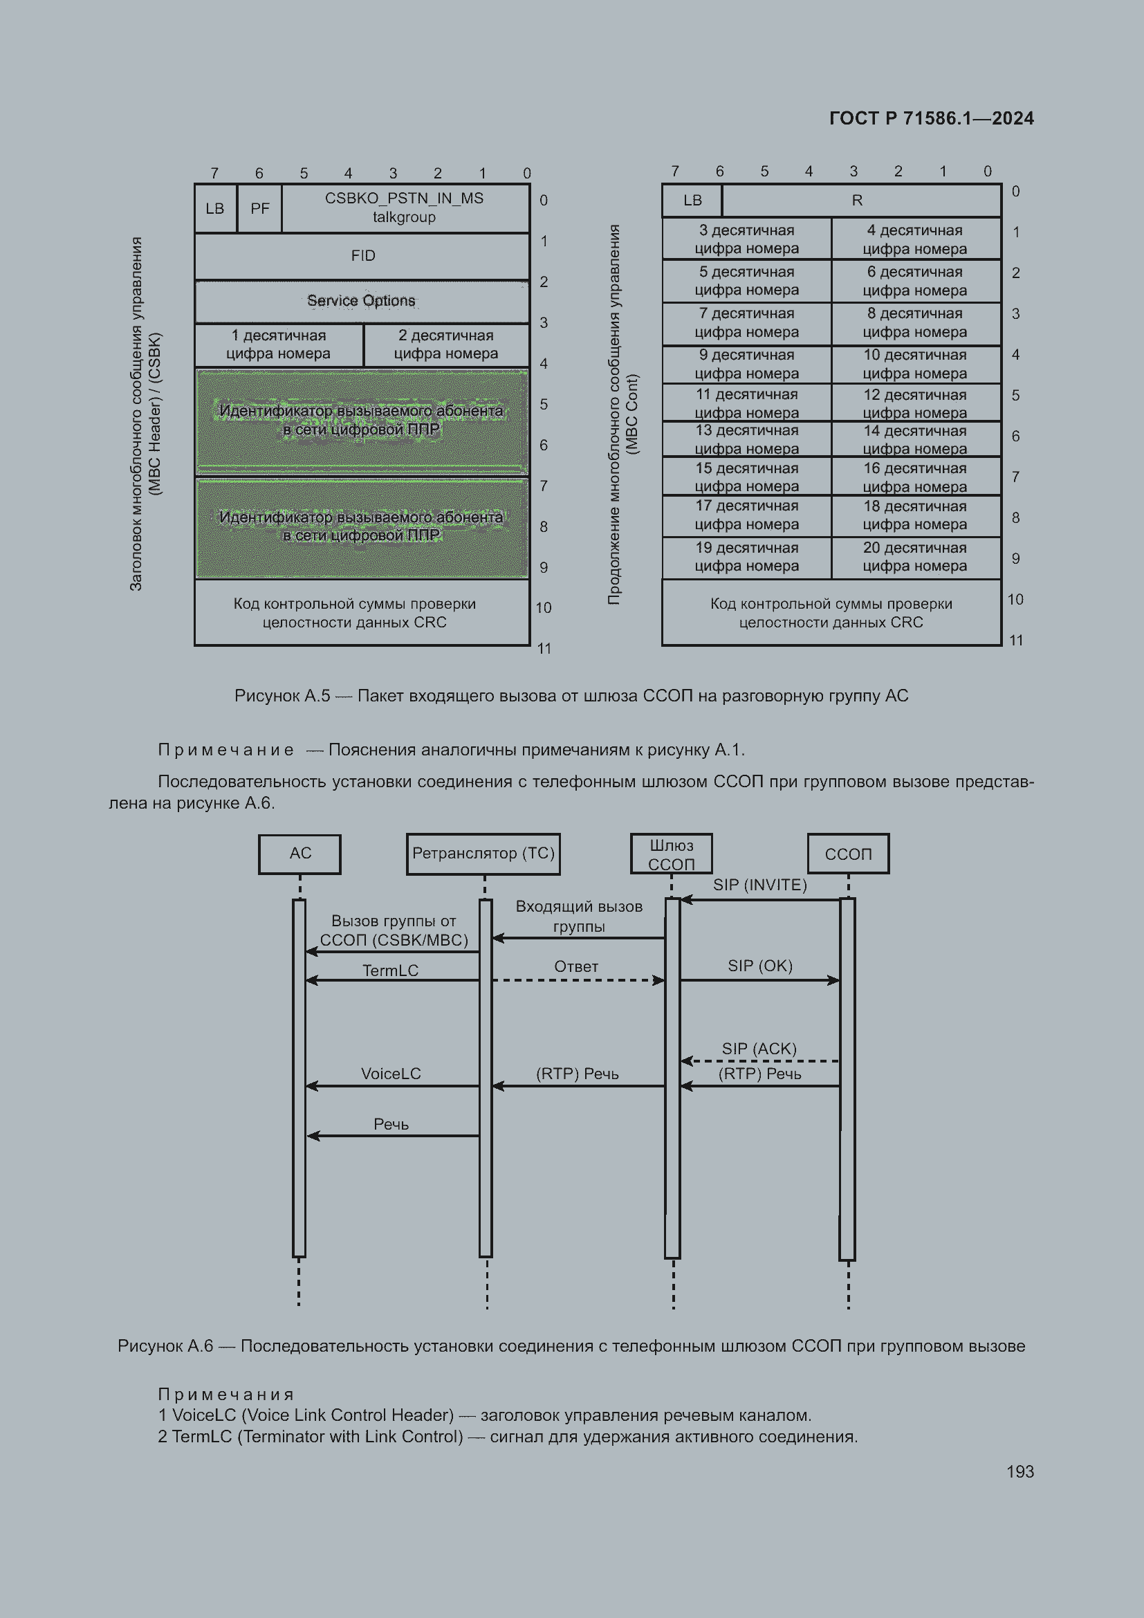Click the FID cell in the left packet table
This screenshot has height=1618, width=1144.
pyautogui.click(x=362, y=256)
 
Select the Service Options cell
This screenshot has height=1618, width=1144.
pyautogui.click(x=362, y=301)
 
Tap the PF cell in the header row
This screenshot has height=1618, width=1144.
pyautogui.click(x=260, y=209)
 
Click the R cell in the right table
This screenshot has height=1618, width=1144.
pyautogui.click(x=862, y=201)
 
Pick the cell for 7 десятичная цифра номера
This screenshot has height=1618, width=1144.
pyautogui.click(x=747, y=323)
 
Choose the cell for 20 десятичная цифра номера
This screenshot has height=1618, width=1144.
pyautogui.click(x=916, y=558)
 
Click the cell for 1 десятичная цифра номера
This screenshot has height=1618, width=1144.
pyautogui.click(x=279, y=344)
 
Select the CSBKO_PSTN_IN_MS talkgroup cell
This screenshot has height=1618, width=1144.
pyautogui.click(x=405, y=208)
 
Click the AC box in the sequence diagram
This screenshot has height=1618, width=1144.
pyautogui.click(x=300, y=854)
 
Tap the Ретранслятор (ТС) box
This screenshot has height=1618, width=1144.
pyautogui.click(x=483, y=854)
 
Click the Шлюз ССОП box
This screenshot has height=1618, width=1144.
pyautogui.click(x=672, y=854)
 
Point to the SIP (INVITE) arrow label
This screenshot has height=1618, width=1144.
pyautogui.click(x=760, y=885)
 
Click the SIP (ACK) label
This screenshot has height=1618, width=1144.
pyautogui.click(x=759, y=1049)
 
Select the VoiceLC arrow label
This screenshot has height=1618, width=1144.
pyautogui.click(x=391, y=1074)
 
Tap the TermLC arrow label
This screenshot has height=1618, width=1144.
pyautogui.click(x=391, y=971)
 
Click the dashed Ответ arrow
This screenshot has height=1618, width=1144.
pyautogui.click(x=578, y=980)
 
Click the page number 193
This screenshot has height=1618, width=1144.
pyautogui.click(x=1020, y=1471)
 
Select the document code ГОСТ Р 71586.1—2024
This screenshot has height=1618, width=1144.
pyautogui.click(x=931, y=118)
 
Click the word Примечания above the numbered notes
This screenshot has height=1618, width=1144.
pyautogui.click(x=225, y=1395)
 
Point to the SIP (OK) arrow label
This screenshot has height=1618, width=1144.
pyautogui.click(x=760, y=966)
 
